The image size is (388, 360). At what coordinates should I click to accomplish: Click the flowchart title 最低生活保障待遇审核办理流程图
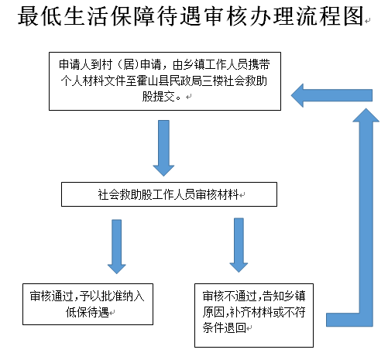pos(191,16)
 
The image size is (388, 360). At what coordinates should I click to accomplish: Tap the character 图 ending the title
pos(353,16)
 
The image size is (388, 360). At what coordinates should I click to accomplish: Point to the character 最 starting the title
pos(29,16)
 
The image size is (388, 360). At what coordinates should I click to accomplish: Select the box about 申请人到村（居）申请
pos(165,81)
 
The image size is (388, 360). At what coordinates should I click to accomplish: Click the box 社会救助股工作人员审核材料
pos(169,194)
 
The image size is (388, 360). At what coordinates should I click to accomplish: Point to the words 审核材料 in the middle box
pos(217,194)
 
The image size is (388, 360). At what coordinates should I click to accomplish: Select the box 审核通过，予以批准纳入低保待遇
pos(88,304)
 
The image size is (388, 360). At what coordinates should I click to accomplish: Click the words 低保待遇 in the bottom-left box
pos(88,312)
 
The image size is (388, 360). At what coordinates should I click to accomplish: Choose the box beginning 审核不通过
pos(254,315)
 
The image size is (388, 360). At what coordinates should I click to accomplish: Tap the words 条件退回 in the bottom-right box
pos(224,327)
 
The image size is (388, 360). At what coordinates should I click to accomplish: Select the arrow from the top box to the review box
pos(163,148)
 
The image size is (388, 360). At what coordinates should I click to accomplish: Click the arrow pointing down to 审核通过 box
pos(117,246)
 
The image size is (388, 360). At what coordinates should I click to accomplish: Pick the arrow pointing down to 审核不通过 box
pos(239,245)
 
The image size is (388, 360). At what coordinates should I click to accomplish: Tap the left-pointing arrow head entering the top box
pos(297,95)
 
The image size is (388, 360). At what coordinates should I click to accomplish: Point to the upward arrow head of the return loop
pos(366,115)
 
